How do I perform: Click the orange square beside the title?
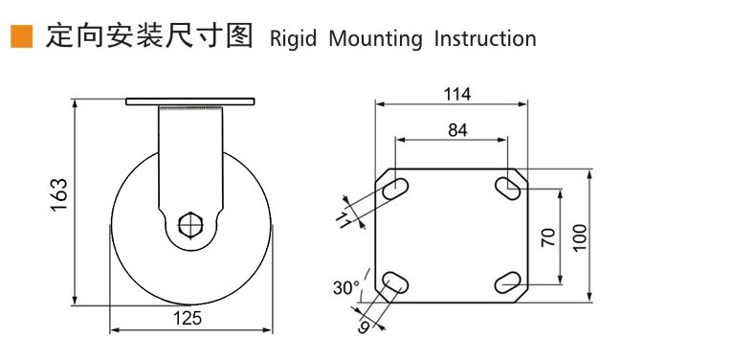pyautogui.click(x=22, y=37)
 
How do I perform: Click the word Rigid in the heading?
pyautogui.click(x=293, y=38)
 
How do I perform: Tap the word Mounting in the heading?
pyautogui.click(x=375, y=39)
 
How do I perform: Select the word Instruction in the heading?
pyautogui.click(x=485, y=38)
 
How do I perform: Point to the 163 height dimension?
pyautogui.click(x=59, y=194)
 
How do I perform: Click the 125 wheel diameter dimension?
pyautogui.click(x=188, y=318)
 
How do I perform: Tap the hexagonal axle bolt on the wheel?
pyautogui.click(x=190, y=225)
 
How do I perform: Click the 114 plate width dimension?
pyautogui.click(x=457, y=95)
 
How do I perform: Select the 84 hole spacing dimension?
pyautogui.click(x=457, y=130)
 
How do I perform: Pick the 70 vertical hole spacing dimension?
pyautogui.click(x=548, y=236)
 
